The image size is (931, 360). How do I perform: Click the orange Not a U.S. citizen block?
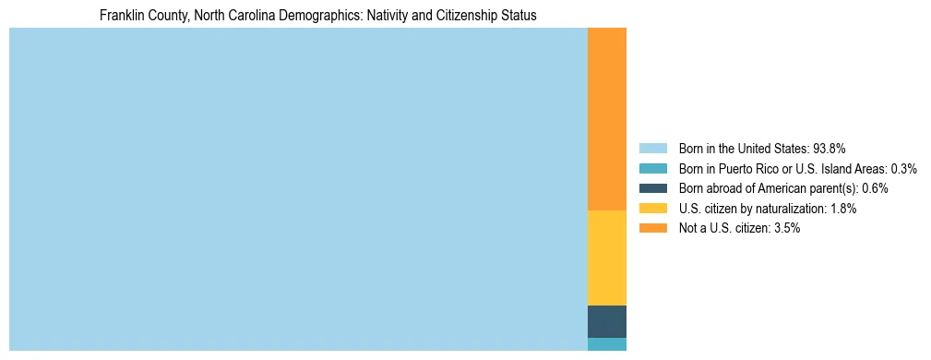(606, 119)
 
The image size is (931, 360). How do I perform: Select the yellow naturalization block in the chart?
(606, 258)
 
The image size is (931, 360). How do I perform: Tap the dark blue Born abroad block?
(606, 321)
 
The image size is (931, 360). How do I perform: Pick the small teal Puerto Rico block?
(606, 344)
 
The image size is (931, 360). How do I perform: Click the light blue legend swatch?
(652, 148)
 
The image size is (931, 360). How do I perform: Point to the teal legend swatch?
(652, 168)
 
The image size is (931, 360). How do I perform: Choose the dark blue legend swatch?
(652, 188)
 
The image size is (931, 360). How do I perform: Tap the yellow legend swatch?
(652, 209)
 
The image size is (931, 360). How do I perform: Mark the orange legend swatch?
(652, 228)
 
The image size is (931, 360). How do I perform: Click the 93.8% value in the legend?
(830, 148)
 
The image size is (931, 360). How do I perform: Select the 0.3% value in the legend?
(903, 168)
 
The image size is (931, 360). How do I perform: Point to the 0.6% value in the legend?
(875, 188)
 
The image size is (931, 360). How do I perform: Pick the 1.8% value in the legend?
(842, 209)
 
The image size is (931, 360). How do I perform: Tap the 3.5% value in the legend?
(785, 228)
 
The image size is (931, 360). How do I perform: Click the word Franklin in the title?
(122, 16)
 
